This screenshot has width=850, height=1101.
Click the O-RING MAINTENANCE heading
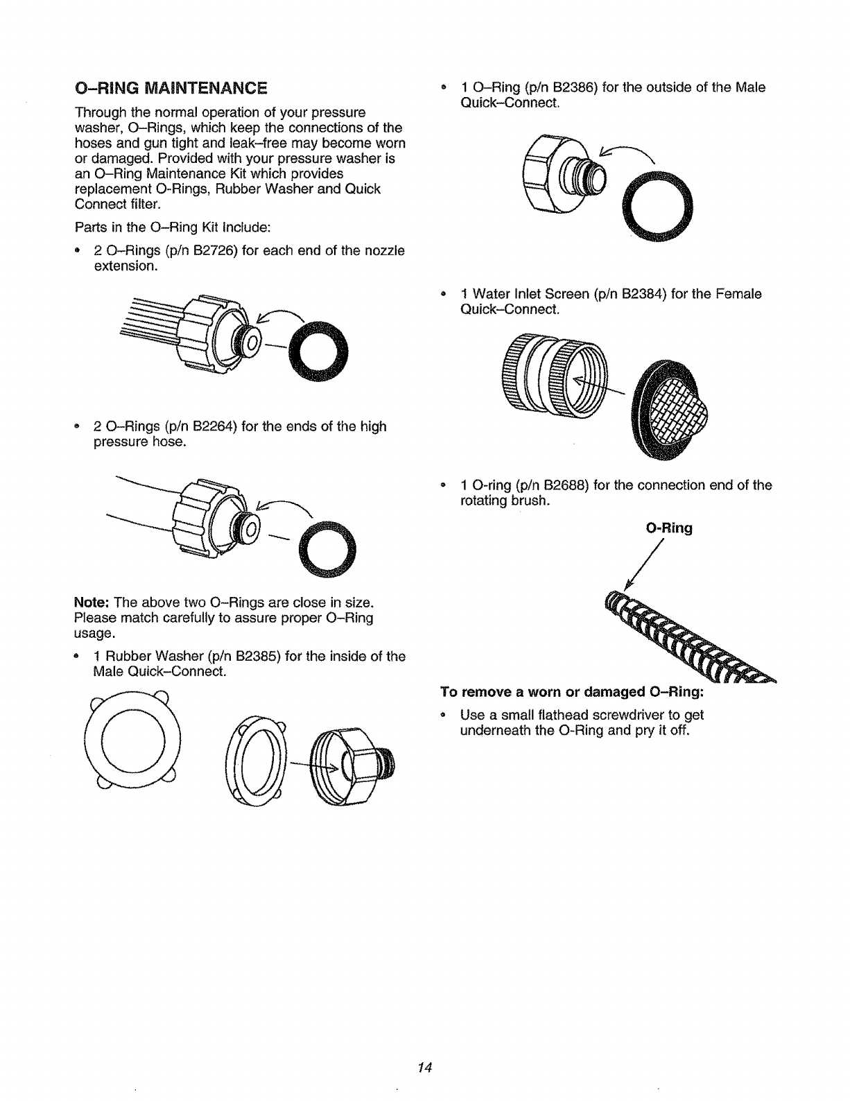[x=171, y=88]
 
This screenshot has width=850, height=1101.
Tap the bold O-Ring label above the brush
[x=668, y=528]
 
